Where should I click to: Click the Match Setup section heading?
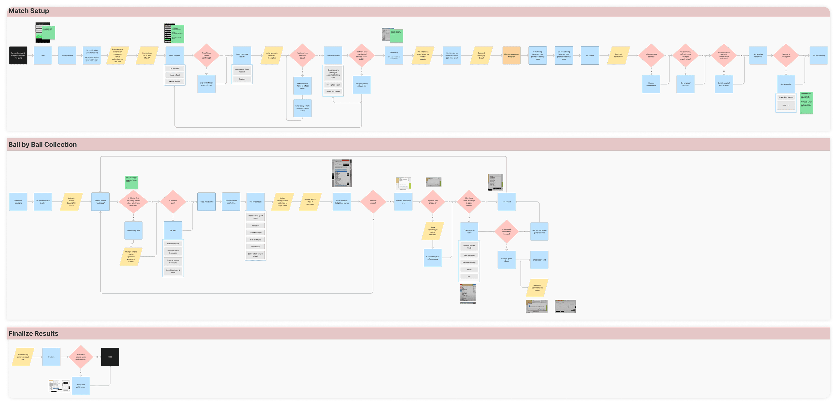tap(29, 11)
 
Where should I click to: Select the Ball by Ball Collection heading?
tap(42, 145)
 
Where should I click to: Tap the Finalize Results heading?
tap(33, 334)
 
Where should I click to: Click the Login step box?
tap(42, 56)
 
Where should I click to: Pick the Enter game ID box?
tap(67, 56)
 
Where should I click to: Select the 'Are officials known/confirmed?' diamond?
tap(206, 56)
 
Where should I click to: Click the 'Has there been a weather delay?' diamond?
tap(302, 56)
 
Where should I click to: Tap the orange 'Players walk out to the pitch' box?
tap(511, 56)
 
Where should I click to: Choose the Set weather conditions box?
tap(758, 56)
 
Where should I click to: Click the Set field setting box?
tap(819, 56)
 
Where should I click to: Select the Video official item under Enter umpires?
tap(174, 75)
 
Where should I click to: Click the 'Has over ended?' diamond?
tap(373, 202)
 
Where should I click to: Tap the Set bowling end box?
tap(133, 231)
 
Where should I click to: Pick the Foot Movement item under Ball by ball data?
tap(255, 233)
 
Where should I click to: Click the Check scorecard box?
tap(539, 260)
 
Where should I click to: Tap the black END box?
tap(110, 357)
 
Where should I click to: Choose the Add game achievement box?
tap(80, 386)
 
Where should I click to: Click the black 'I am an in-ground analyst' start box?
tap(18, 56)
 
